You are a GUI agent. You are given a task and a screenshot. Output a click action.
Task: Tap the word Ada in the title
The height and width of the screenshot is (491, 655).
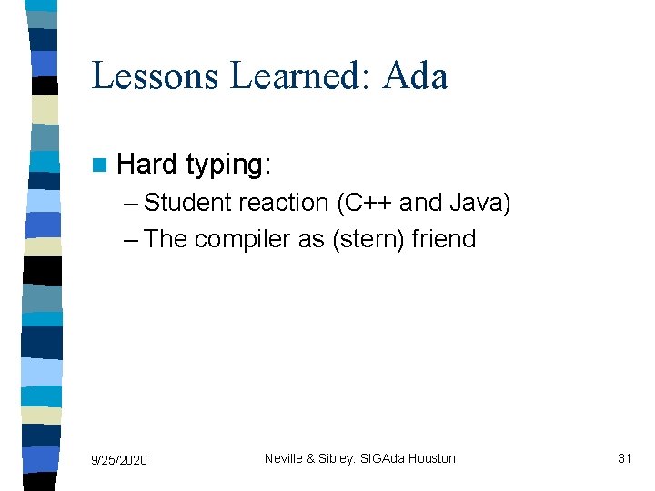coord(416,76)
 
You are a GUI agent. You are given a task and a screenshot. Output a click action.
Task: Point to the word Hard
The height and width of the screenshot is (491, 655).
coord(147,165)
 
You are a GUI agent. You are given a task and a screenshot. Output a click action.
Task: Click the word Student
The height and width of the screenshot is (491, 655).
coord(187,203)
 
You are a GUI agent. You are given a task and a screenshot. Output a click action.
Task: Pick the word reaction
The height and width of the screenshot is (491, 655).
coord(284,203)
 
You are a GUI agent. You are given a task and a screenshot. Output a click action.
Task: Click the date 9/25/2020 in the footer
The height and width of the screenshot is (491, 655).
coord(118,460)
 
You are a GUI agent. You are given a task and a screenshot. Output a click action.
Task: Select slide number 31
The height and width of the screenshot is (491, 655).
coord(624,458)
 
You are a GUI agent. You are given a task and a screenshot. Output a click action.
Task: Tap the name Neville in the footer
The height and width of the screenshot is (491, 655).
coord(285,458)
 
